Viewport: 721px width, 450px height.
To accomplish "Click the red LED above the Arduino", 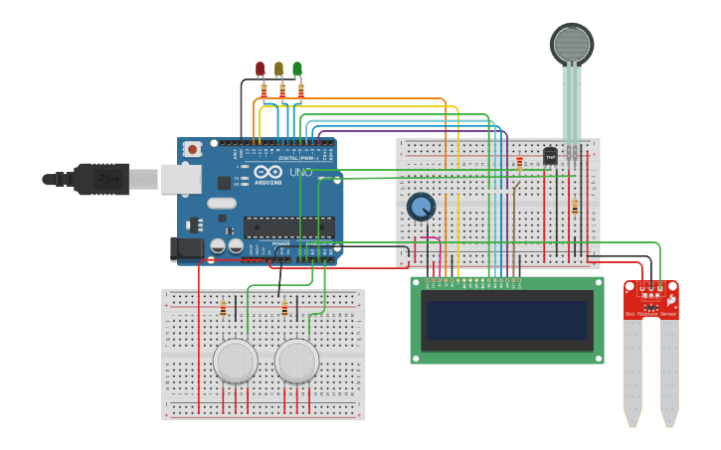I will point(261,69).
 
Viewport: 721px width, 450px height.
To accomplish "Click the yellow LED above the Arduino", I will point(278,69).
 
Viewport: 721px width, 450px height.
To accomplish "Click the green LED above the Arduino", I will point(297,69).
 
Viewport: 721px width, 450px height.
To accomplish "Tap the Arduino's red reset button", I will point(192,149).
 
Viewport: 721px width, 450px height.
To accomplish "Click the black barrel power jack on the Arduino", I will point(186,247).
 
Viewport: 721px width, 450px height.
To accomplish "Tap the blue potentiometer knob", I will point(422,207).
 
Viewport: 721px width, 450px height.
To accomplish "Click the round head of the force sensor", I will point(572,44).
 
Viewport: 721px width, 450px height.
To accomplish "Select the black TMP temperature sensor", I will point(550,156).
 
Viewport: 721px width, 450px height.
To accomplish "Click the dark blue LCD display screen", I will point(506,319).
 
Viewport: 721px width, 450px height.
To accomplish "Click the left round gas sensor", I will point(236,361).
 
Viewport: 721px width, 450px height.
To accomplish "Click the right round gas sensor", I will point(297,361).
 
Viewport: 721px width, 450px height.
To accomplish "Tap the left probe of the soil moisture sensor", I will point(633,373).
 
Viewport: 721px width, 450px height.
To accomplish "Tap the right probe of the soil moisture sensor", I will point(669,373).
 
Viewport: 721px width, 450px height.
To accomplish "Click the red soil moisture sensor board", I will point(651,299).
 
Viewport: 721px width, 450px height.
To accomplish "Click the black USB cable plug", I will point(100,179).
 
